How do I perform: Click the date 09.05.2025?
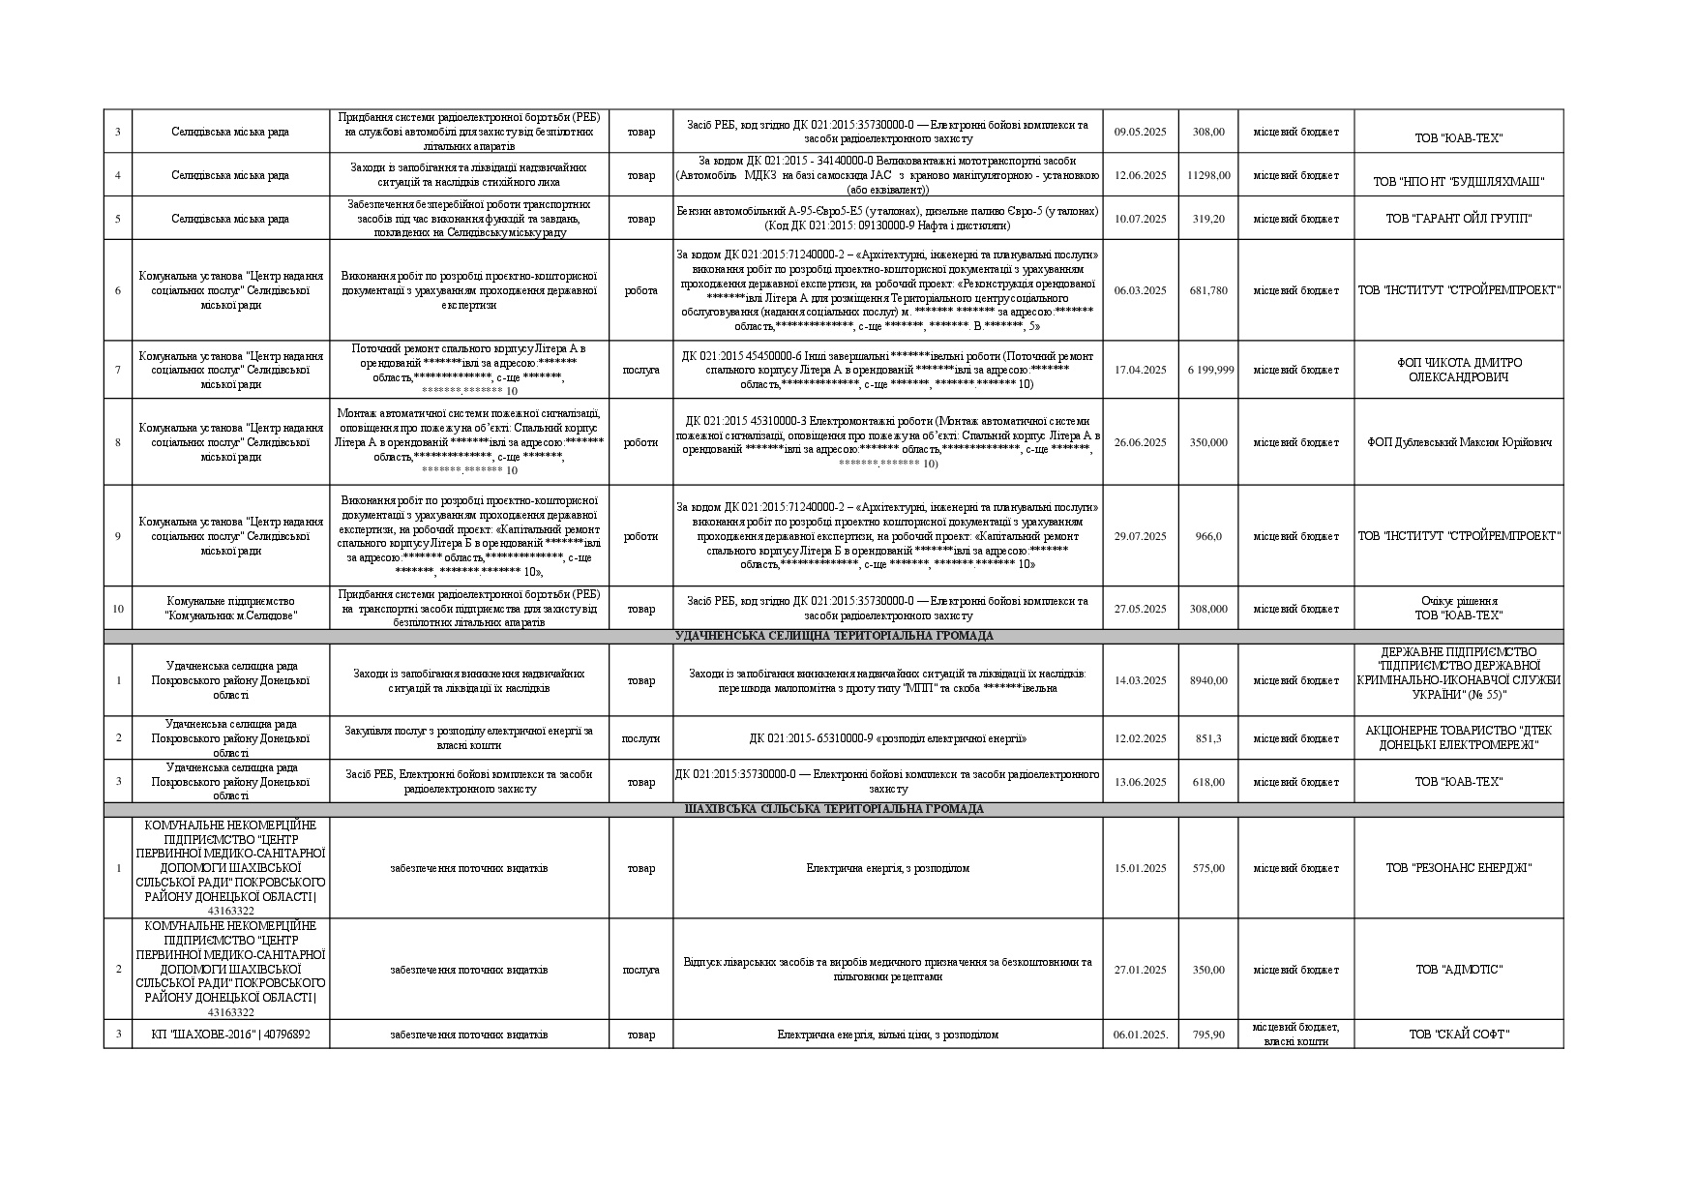pos(1141,132)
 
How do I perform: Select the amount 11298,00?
pos(1208,175)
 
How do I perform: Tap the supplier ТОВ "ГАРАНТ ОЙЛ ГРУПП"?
pos(1458,219)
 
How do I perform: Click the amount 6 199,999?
pos(1210,370)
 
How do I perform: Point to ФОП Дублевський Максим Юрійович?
pos(1458,442)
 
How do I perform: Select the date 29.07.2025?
pos(1141,536)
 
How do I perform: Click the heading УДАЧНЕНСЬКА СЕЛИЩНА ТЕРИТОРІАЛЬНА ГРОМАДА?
pos(833,637)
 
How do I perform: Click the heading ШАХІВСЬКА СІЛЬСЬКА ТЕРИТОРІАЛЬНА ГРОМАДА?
pos(833,809)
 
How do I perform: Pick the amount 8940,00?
pos(1208,680)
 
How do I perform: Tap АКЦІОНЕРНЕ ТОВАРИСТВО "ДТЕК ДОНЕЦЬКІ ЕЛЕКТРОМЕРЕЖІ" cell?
pos(1458,737)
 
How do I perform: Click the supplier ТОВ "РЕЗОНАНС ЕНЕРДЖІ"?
pos(1458,868)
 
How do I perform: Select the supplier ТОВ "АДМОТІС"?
pos(1458,970)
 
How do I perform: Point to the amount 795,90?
pos(1208,1035)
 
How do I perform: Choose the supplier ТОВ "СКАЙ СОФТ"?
pos(1458,1035)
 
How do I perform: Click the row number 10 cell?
pos(118,609)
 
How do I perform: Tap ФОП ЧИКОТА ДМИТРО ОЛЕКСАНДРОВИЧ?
pos(1458,370)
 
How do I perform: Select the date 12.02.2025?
pos(1141,738)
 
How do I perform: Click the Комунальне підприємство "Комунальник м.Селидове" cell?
pos(230,609)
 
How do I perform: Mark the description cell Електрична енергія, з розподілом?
pos(887,868)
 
